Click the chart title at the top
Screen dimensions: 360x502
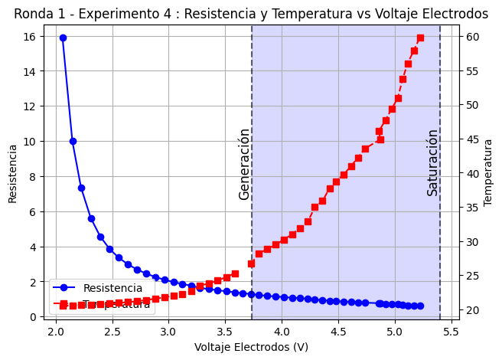tap(251, 14)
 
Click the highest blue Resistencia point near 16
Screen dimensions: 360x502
tap(63, 38)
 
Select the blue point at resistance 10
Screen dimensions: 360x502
tap(73, 141)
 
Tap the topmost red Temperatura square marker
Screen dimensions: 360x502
tap(420, 38)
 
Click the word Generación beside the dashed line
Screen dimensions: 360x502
tap(244, 164)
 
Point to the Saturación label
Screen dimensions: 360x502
tap(432, 162)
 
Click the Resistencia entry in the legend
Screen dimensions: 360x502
tap(112, 288)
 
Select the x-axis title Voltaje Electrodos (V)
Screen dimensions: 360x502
tap(251, 347)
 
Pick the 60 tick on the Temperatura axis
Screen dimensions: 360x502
tap(471, 37)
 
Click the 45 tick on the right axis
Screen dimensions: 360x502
tap(471, 139)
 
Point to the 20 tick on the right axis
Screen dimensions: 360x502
tap(471, 310)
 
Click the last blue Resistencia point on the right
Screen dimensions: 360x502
tap(419, 306)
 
